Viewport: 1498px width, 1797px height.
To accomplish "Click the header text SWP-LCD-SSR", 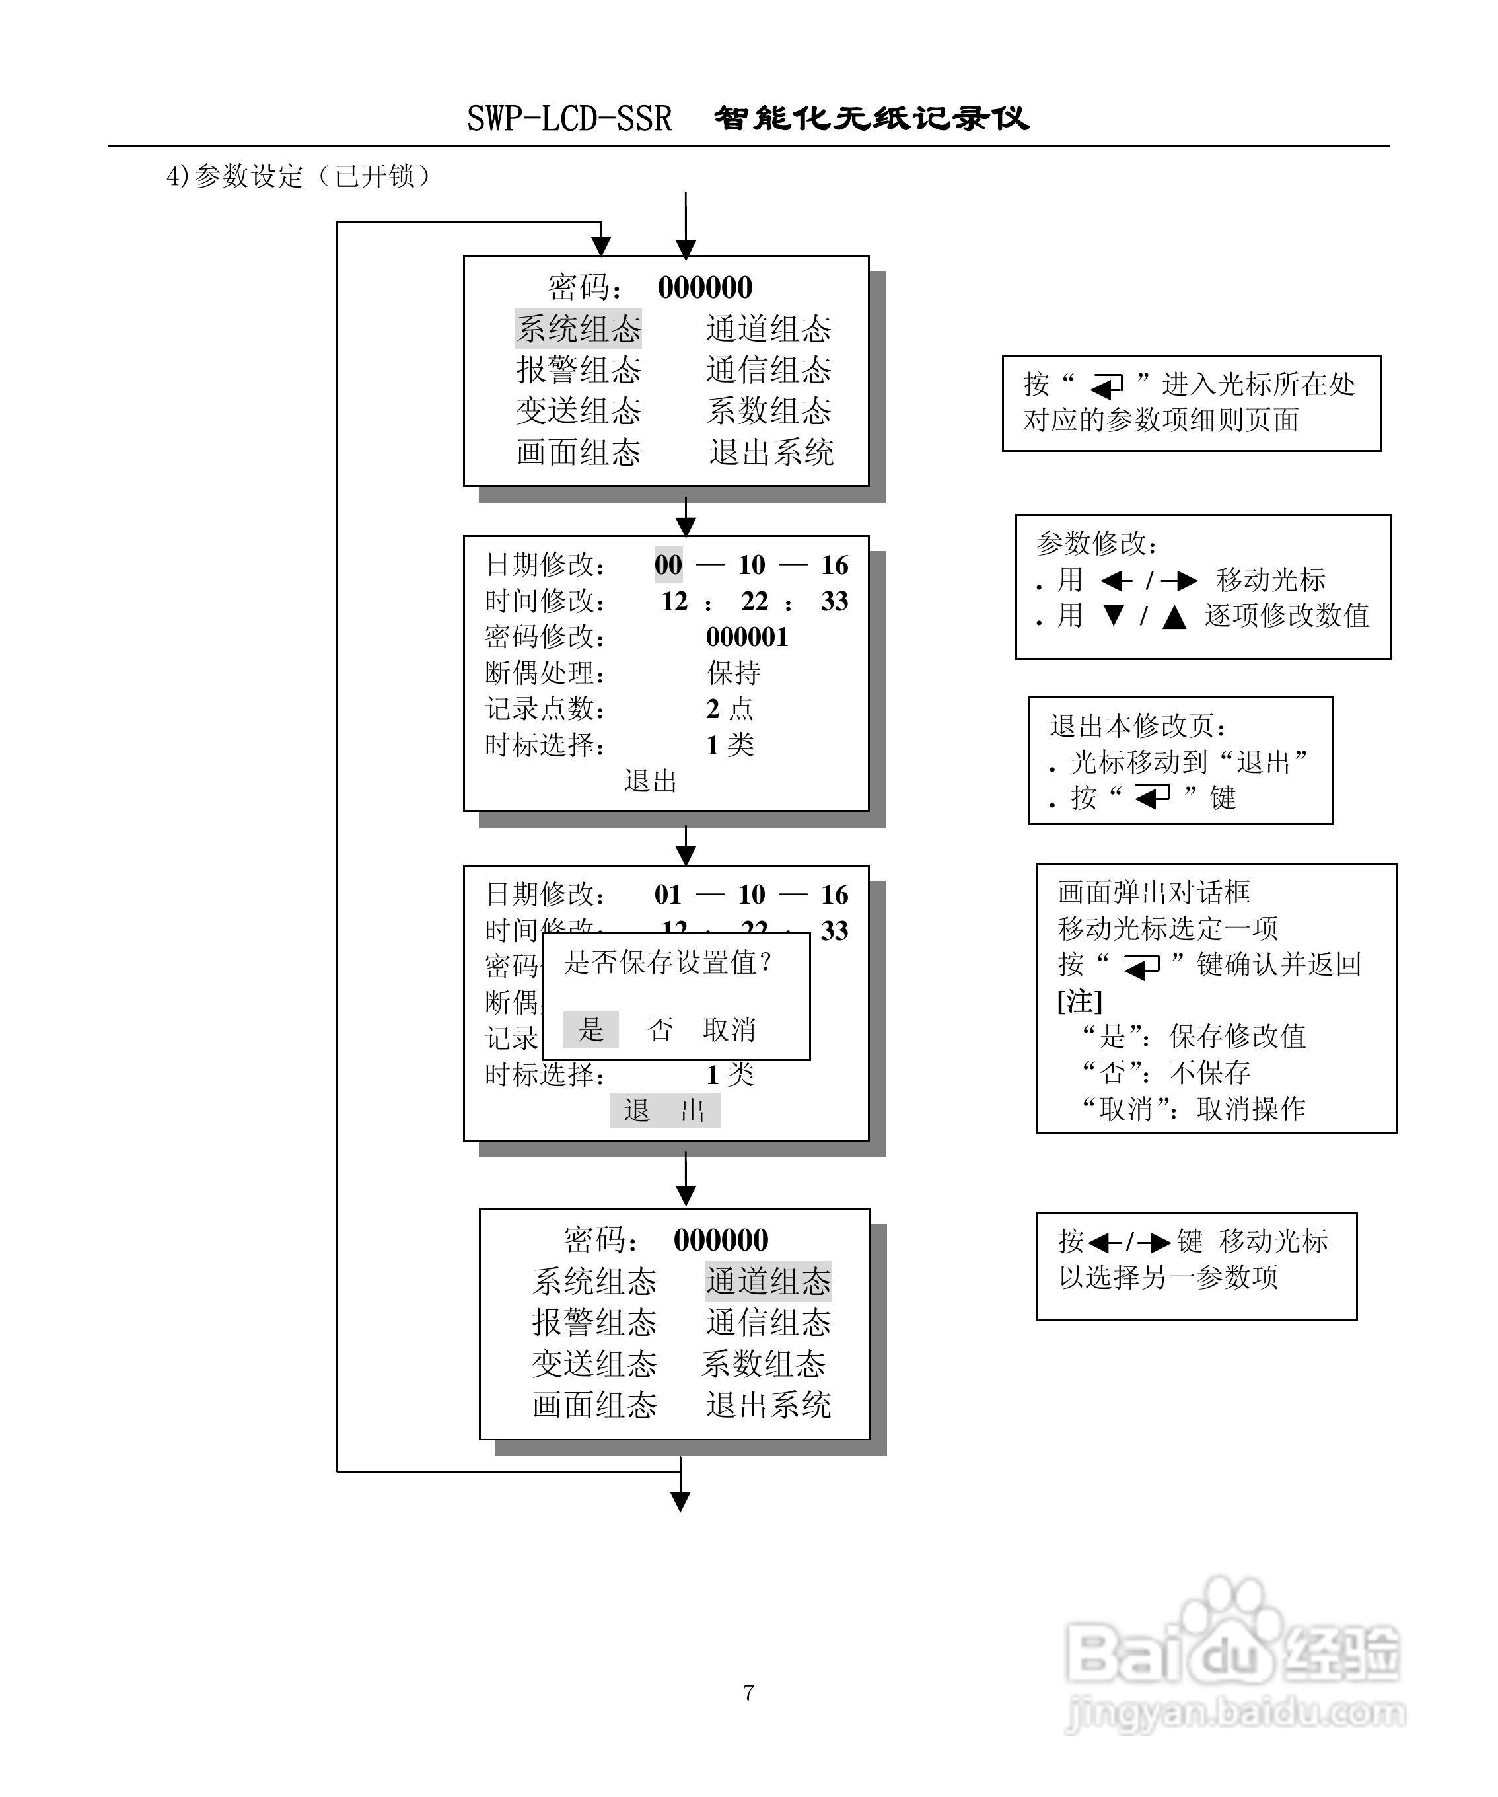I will pyautogui.click(x=569, y=119).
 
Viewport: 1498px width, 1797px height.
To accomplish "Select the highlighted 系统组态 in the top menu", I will pyautogui.click(x=579, y=328).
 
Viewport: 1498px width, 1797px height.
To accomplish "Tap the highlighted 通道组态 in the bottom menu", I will pyautogui.click(x=768, y=1281).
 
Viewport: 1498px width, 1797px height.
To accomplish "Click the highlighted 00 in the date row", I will pyautogui.click(x=668, y=565).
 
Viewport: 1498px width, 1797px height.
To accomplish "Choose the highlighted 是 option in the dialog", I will pyautogui.click(x=590, y=1029).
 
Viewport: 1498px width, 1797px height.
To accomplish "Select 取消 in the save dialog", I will pyautogui.click(x=729, y=1029).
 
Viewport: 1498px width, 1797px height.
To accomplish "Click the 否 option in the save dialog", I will pyautogui.click(x=660, y=1029).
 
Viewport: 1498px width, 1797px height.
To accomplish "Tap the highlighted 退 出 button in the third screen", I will pyautogui.click(x=664, y=1111).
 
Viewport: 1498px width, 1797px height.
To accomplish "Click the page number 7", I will pyautogui.click(x=748, y=1693).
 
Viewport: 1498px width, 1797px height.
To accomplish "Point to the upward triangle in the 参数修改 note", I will pyautogui.click(x=1174, y=617).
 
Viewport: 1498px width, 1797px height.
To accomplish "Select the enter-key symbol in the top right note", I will pyautogui.click(x=1107, y=386).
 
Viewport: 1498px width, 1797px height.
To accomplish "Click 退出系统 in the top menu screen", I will pyautogui.click(x=771, y=453).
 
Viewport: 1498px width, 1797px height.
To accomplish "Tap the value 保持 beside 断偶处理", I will pyautogui.click(x=733, y=673).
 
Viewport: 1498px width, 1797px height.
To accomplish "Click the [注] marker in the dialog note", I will pyautogui.click(x=1080, y=1000).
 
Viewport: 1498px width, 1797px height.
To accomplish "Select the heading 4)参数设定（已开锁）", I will pyautogui.click(x=299, y=176).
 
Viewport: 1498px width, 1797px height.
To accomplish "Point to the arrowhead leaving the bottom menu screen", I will pyautogui.click(x=680, y=1501).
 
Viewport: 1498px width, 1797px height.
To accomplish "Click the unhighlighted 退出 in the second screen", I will pyautogui.click(x=650, y=780).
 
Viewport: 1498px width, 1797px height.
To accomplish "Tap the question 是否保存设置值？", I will pyautogui.click(x=668, y=963).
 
